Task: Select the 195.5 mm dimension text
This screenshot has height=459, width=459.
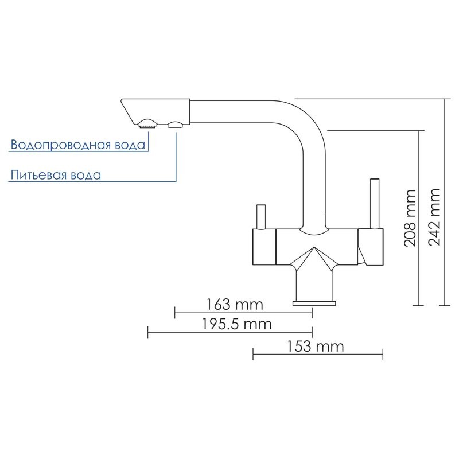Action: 236,324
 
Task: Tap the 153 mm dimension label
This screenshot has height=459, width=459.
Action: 313,347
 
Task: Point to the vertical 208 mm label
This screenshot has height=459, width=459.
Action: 409,219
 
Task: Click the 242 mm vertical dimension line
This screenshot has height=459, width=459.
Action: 445,201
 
